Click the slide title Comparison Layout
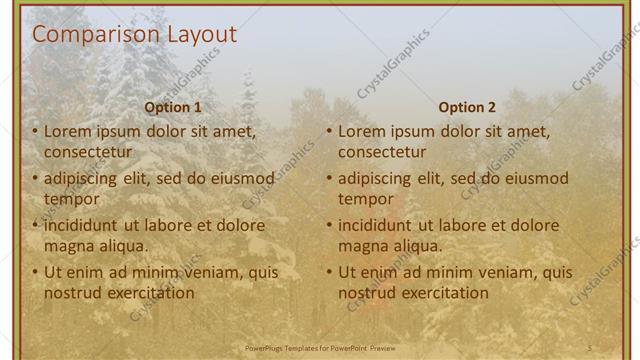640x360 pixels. tap(135, 35)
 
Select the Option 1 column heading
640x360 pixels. tap(173, 107)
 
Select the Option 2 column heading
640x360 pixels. tap(467, 107)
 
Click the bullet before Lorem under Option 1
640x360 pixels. tap(36, 132)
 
